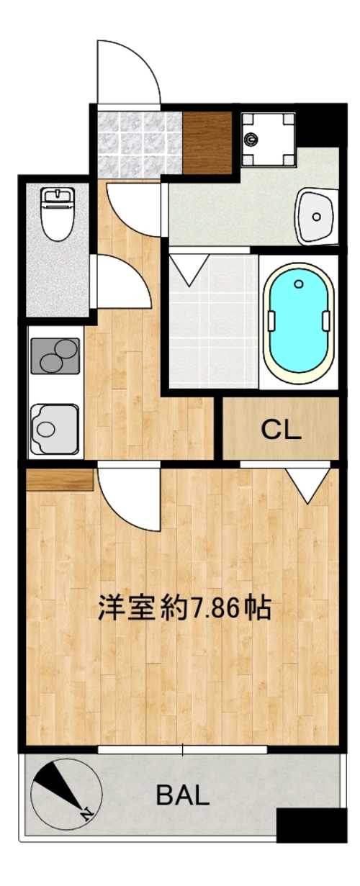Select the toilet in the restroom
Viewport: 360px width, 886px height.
[58, 214]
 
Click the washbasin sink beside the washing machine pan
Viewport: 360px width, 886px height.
[315, 216]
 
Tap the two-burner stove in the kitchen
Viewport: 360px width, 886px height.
[54, 355]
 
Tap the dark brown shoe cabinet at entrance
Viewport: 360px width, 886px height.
[206, 143]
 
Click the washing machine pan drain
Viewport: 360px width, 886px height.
[250, 138]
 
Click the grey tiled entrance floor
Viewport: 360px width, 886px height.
[139, 144]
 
